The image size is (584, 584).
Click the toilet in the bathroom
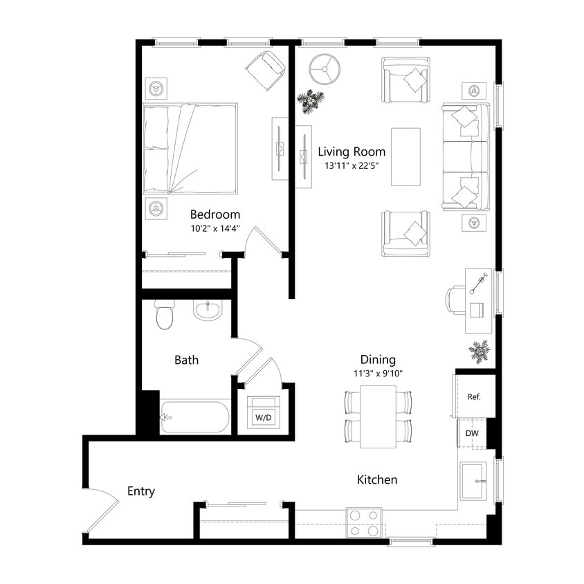click(x=165, y=316)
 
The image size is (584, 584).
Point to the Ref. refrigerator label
click(x=474, y=397)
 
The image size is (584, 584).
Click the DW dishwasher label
click(x=472, y=433)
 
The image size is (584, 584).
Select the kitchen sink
click(x=475, y=480)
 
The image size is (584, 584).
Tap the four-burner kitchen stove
click(x=364, y=522)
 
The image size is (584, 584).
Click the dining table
click(x=378, y=417)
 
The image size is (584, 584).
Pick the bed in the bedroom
click(x=190, y=148)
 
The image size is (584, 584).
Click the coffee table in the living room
click(x=405, y=156)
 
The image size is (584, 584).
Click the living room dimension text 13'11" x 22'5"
click(x=351, y=166)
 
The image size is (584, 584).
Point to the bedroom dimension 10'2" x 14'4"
click(x=215, y=228)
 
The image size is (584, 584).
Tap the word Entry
click(x=141, y=491)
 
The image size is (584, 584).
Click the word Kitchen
click(x=377, y=480)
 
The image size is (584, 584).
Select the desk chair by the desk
click(x=455, y=300)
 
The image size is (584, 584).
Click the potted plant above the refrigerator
click(x=479, y=351)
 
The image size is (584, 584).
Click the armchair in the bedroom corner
click(x=265, y=70)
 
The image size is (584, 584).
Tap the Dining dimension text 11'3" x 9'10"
click(x=378, y=374)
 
